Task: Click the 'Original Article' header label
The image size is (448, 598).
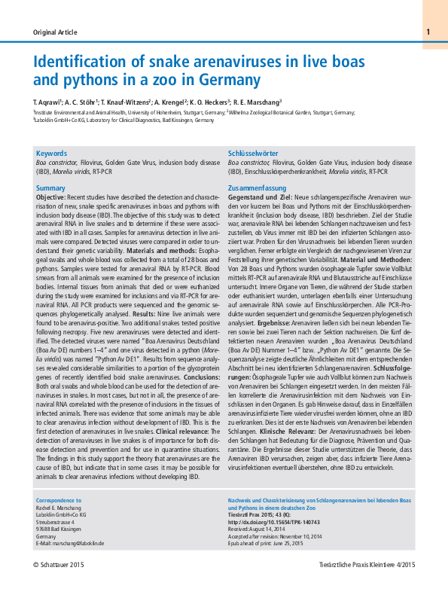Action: [55, 32]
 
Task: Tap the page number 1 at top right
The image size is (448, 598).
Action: [427, 32]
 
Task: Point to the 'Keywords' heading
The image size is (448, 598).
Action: [52, 153]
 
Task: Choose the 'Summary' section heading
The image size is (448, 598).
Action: [50, 188]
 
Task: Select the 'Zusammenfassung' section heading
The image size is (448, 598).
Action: [254, 188]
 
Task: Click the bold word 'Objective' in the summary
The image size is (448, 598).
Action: [50, 197]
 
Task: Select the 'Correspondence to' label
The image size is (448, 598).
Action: [59, 500]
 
